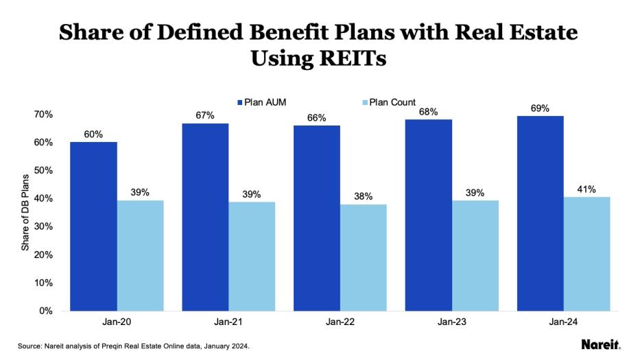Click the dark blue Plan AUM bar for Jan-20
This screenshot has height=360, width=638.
(93, 226)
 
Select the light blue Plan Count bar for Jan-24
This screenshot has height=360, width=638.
(587, 254)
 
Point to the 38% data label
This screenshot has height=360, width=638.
(363, 196)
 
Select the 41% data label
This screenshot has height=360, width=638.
(587, 189)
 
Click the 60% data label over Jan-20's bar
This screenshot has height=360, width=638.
(93, 134)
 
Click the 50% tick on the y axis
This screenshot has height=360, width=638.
(44, 170)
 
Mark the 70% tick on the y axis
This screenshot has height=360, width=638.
(44, 114)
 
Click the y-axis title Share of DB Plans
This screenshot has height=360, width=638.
(25, 212)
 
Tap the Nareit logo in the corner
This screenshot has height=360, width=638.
(601, 345)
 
